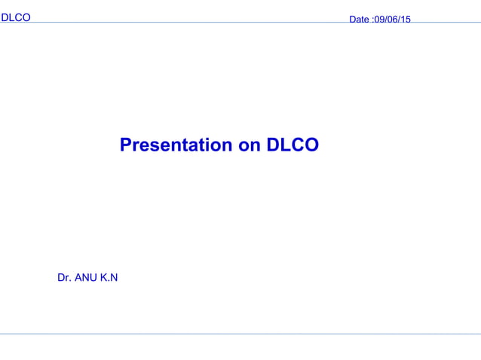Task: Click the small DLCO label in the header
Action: (16, 17)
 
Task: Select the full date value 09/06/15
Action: (393, 20)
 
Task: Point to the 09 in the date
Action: (380, 20)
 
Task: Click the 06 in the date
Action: (393, 20)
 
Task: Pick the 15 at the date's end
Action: (406, 20)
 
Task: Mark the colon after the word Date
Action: (372, 20)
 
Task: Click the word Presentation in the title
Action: (176, 145)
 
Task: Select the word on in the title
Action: (250, 145)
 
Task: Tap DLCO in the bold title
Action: (293, 145)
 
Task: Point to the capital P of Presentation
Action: (126, 145)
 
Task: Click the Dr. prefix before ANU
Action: (64, 278)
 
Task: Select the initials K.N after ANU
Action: (109, 278)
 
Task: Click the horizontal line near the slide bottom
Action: (240, 334)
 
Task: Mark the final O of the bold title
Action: (311, 145)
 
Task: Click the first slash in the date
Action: (386, 20)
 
